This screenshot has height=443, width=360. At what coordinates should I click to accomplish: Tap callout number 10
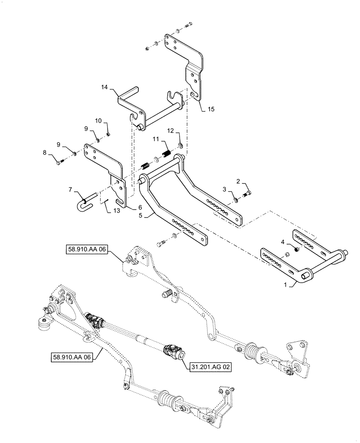tap(99, 120)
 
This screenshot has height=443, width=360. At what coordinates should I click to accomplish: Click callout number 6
tap(140, 207)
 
